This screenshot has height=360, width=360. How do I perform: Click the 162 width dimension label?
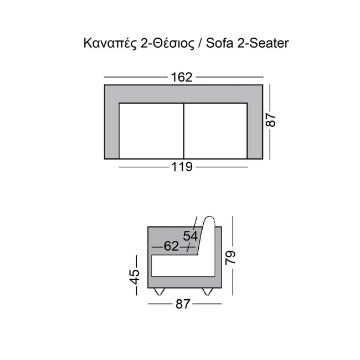click(181, 78)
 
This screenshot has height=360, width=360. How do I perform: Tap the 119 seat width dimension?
click(182, 167)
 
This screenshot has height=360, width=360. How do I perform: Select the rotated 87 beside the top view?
click(271, 120)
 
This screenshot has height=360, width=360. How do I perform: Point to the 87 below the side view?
click(183, 304)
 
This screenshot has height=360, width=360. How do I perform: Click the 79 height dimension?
click(230, 258)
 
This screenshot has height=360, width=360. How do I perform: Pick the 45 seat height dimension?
click(135, 277)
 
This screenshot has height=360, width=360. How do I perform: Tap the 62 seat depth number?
click(171, 246)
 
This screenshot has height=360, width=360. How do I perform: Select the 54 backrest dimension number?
click(191, 236)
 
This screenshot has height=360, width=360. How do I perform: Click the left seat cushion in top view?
click(151, 131)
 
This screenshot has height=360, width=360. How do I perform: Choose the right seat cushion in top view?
click(215, 131)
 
